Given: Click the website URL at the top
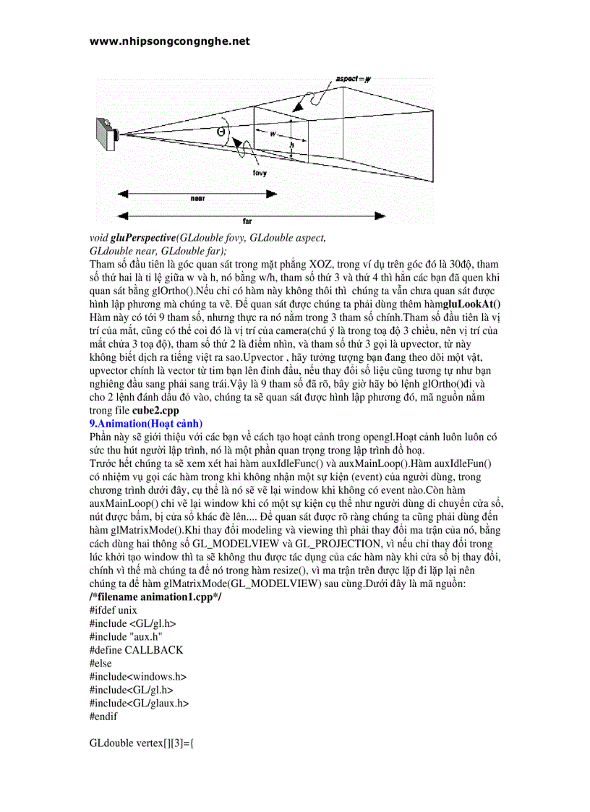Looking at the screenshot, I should click(x=169, y=41).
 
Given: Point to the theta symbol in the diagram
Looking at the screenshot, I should click(x=221, y=132).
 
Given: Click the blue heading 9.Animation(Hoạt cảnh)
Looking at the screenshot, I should click(x=146, y=423).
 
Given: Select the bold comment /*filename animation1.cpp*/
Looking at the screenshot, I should click(x=155, y=597).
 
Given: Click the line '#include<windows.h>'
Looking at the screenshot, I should click(x=138, y=676).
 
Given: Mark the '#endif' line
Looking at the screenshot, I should click(x=103, y=716).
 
